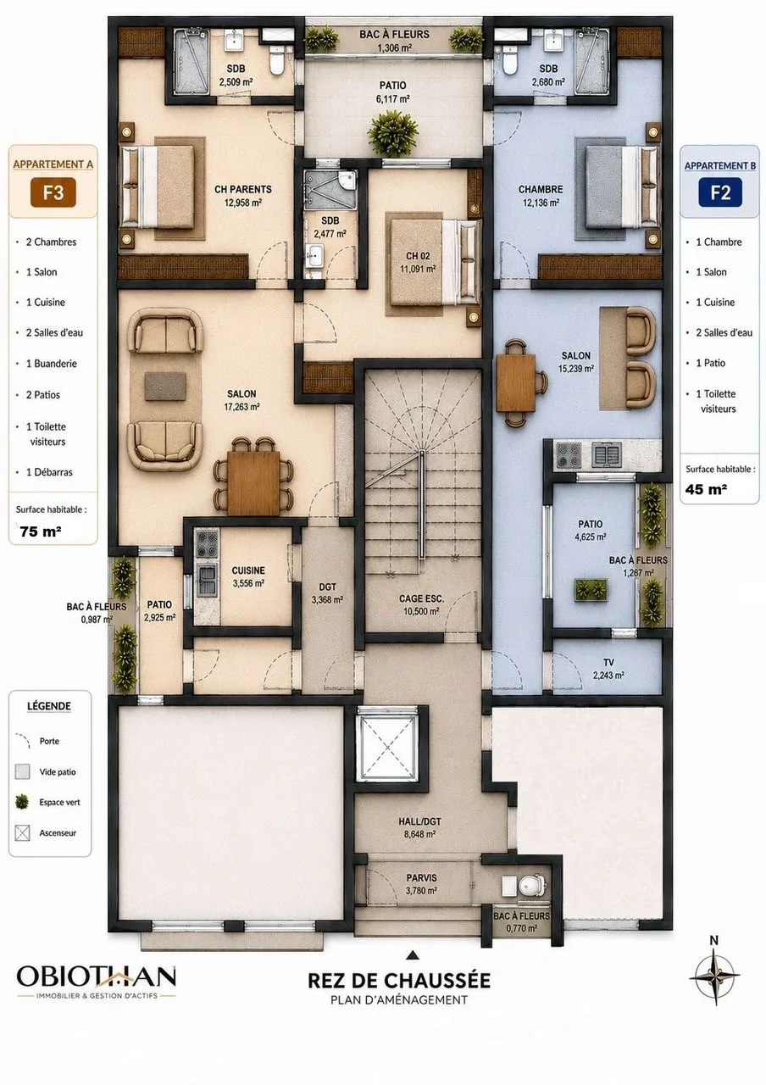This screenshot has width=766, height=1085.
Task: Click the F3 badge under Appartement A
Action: pos(53,192)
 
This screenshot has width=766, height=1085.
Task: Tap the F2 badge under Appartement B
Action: pos(720,192)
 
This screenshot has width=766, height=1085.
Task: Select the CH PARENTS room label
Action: pos(243,189)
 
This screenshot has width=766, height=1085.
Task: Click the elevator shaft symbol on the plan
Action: pos(387,747)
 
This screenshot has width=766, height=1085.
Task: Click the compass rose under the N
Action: pos(714,976)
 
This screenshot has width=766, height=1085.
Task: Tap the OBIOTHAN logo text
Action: pos(97,976)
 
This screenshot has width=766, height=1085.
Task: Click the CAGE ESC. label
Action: pos(421,598)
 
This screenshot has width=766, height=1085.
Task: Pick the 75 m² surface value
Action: pos(41,531)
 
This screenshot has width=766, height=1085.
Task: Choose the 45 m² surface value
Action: pos(706,489)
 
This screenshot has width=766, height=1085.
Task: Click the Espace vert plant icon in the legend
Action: pos(22,802)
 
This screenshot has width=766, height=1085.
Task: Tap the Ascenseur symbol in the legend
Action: pos(22,833)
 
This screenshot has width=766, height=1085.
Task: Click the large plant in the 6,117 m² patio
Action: pos(392,131)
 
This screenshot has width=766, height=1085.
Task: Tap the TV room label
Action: pos(608,662)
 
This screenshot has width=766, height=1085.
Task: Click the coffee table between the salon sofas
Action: pos(164,386)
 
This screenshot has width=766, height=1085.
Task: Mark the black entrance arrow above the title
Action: pos(413,954)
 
